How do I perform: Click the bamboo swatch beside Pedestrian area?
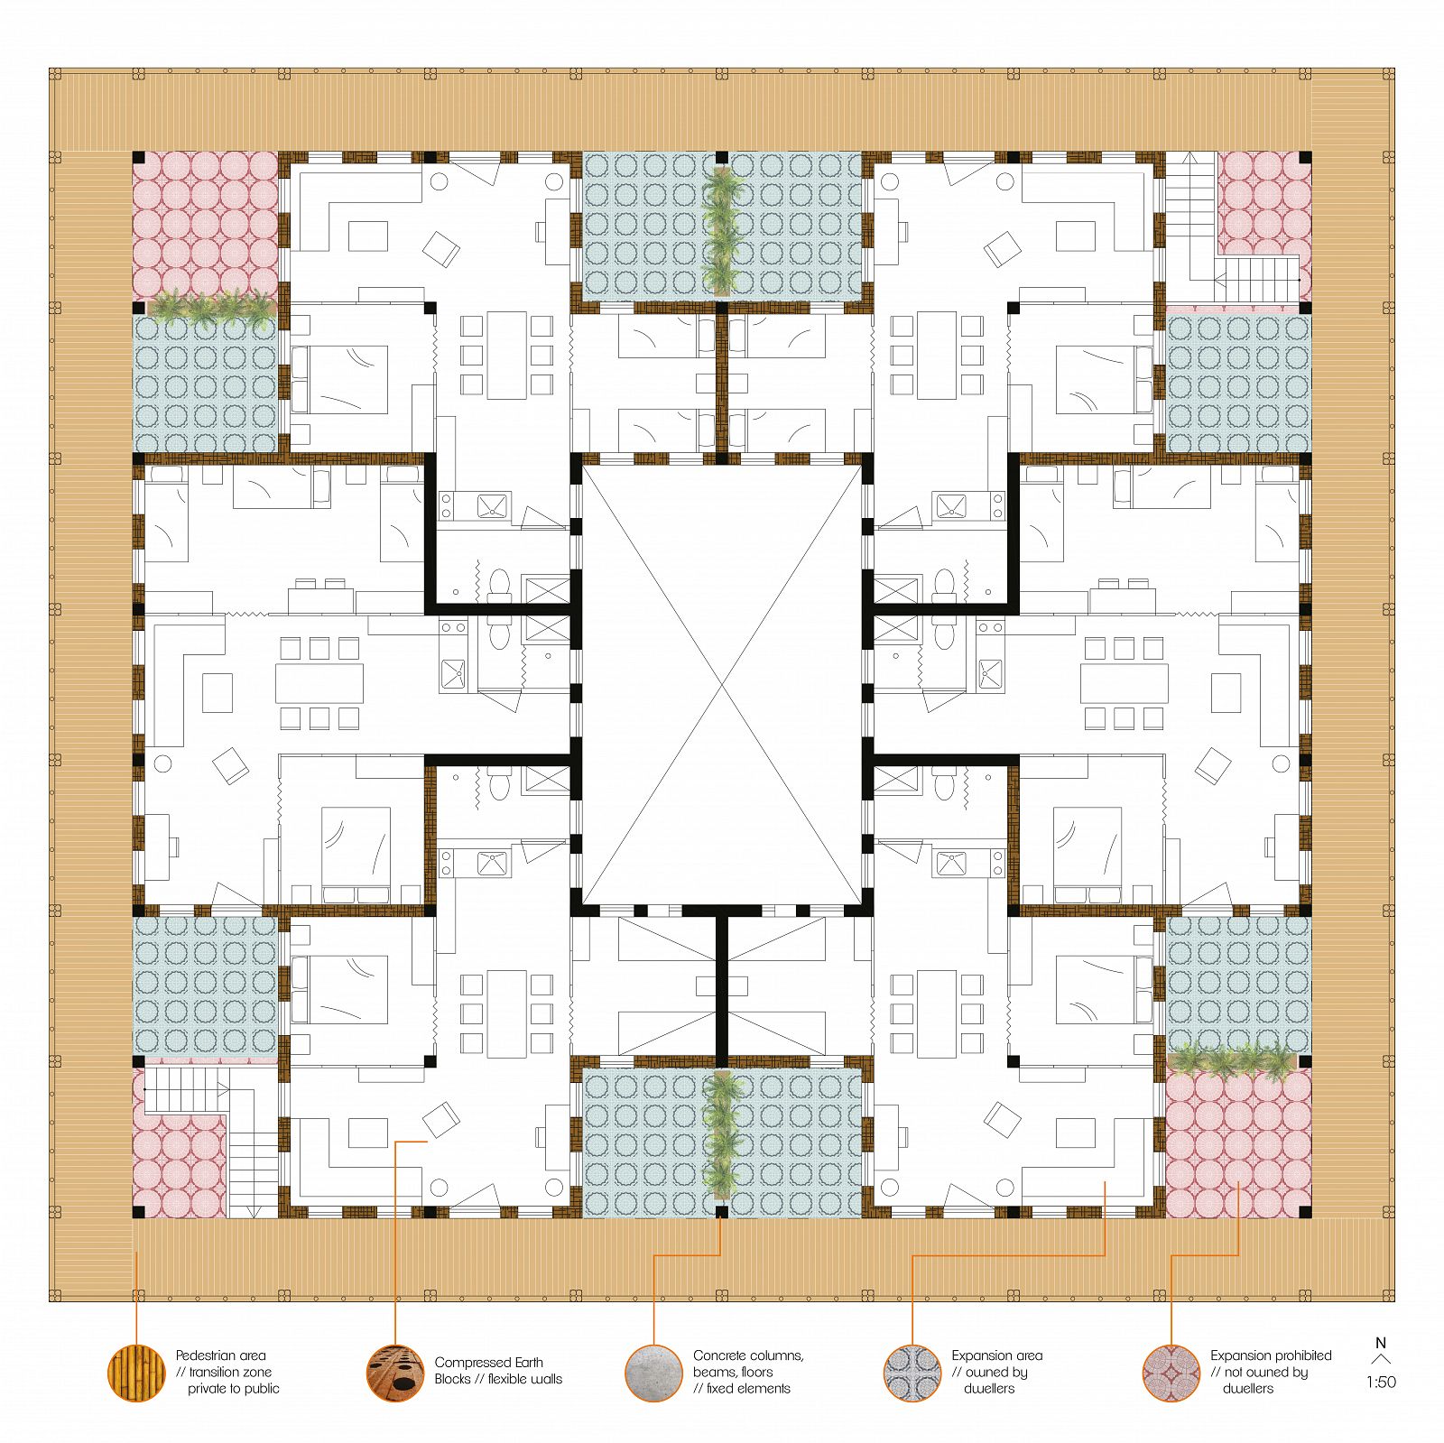point(136,1373)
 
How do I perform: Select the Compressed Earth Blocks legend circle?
point(395,1373)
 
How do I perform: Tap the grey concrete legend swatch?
point(653,1373)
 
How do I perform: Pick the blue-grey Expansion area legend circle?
point(912,1373)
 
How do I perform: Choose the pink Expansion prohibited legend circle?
point(1171,1373)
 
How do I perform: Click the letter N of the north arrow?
point(1380,1343)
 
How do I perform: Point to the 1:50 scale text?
point(1381,1382)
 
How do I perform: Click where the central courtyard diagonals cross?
point(722,685)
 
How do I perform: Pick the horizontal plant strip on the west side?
point(211,308)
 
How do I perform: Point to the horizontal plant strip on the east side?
point(1233,1061)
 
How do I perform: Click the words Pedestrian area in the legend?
point(221,1355)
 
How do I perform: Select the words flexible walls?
point(525,1379)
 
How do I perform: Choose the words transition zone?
point(230,1372)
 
